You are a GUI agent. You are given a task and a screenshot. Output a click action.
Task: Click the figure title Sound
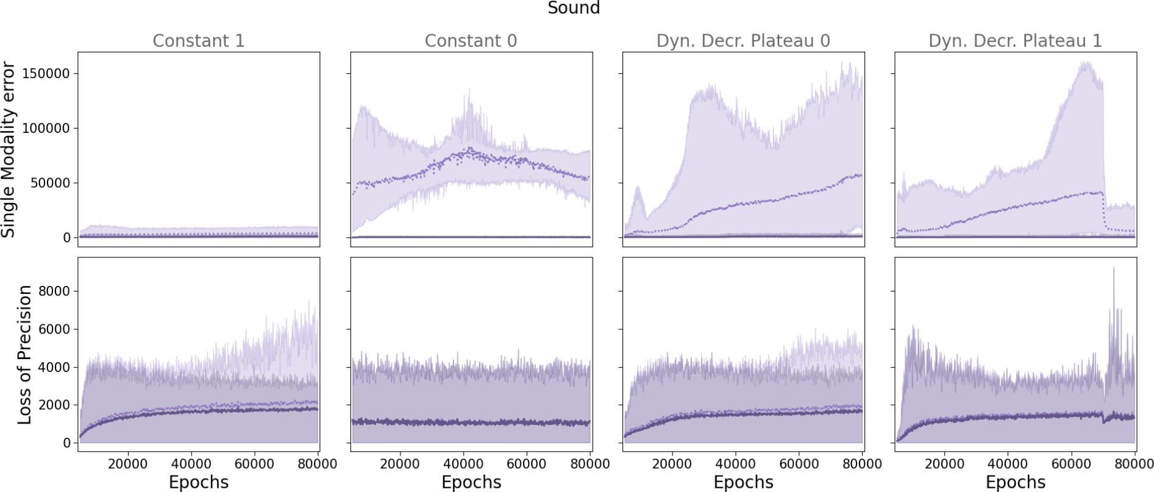click(x=574, y=8)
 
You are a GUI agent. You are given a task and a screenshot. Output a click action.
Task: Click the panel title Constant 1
click(x=198, y=41)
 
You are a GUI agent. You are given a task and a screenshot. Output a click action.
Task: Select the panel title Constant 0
click(x=471, y=41)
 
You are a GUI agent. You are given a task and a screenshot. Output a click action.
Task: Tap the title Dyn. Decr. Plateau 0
click(x=743, y=41)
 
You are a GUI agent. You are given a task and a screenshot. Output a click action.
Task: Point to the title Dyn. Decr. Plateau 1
click(x=1015, y=41)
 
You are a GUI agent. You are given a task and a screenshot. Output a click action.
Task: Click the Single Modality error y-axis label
click(x=8, y=149)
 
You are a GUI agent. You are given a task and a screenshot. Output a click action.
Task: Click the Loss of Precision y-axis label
click(x=24, y=355)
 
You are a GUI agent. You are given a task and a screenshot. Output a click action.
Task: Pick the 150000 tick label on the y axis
click(x=46, y=74)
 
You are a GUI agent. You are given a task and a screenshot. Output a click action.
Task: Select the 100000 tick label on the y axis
click(x=46, y=129)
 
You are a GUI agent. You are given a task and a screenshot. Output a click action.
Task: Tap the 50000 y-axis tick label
click(x=50, y=183)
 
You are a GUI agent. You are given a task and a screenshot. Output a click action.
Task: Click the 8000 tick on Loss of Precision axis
click(x=54, y=291)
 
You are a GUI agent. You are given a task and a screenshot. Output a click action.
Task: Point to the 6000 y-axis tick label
click(x=54, y=329)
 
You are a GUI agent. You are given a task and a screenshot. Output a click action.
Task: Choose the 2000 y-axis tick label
click(x=54, y=405)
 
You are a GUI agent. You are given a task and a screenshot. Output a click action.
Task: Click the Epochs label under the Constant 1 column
click(x=198, y=482)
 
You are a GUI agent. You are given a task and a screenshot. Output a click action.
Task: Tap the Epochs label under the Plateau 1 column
click(x=1015, y=482)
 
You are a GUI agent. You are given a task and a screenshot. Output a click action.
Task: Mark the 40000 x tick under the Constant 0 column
click(x=463, y=464)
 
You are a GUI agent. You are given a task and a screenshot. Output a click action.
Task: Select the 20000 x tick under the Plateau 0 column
click(x=672, y=464)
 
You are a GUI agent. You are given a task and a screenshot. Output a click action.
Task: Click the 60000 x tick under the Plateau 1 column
click(x=1071, y=464)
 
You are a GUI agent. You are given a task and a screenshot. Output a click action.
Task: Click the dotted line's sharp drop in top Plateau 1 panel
click(x=1103, y=213)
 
